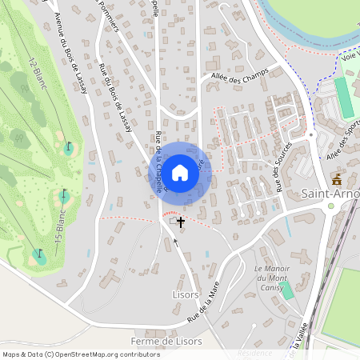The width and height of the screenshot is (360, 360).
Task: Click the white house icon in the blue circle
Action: click(180, 172)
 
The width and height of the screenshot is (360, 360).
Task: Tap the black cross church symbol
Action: click(182, 222)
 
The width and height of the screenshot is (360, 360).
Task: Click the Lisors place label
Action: click(185, 294)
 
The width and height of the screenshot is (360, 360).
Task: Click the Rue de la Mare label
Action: click(204, 306)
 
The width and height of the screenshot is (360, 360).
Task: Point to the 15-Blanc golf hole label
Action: click(58, 227)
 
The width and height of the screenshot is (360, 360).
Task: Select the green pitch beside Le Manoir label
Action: click(286, 290)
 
